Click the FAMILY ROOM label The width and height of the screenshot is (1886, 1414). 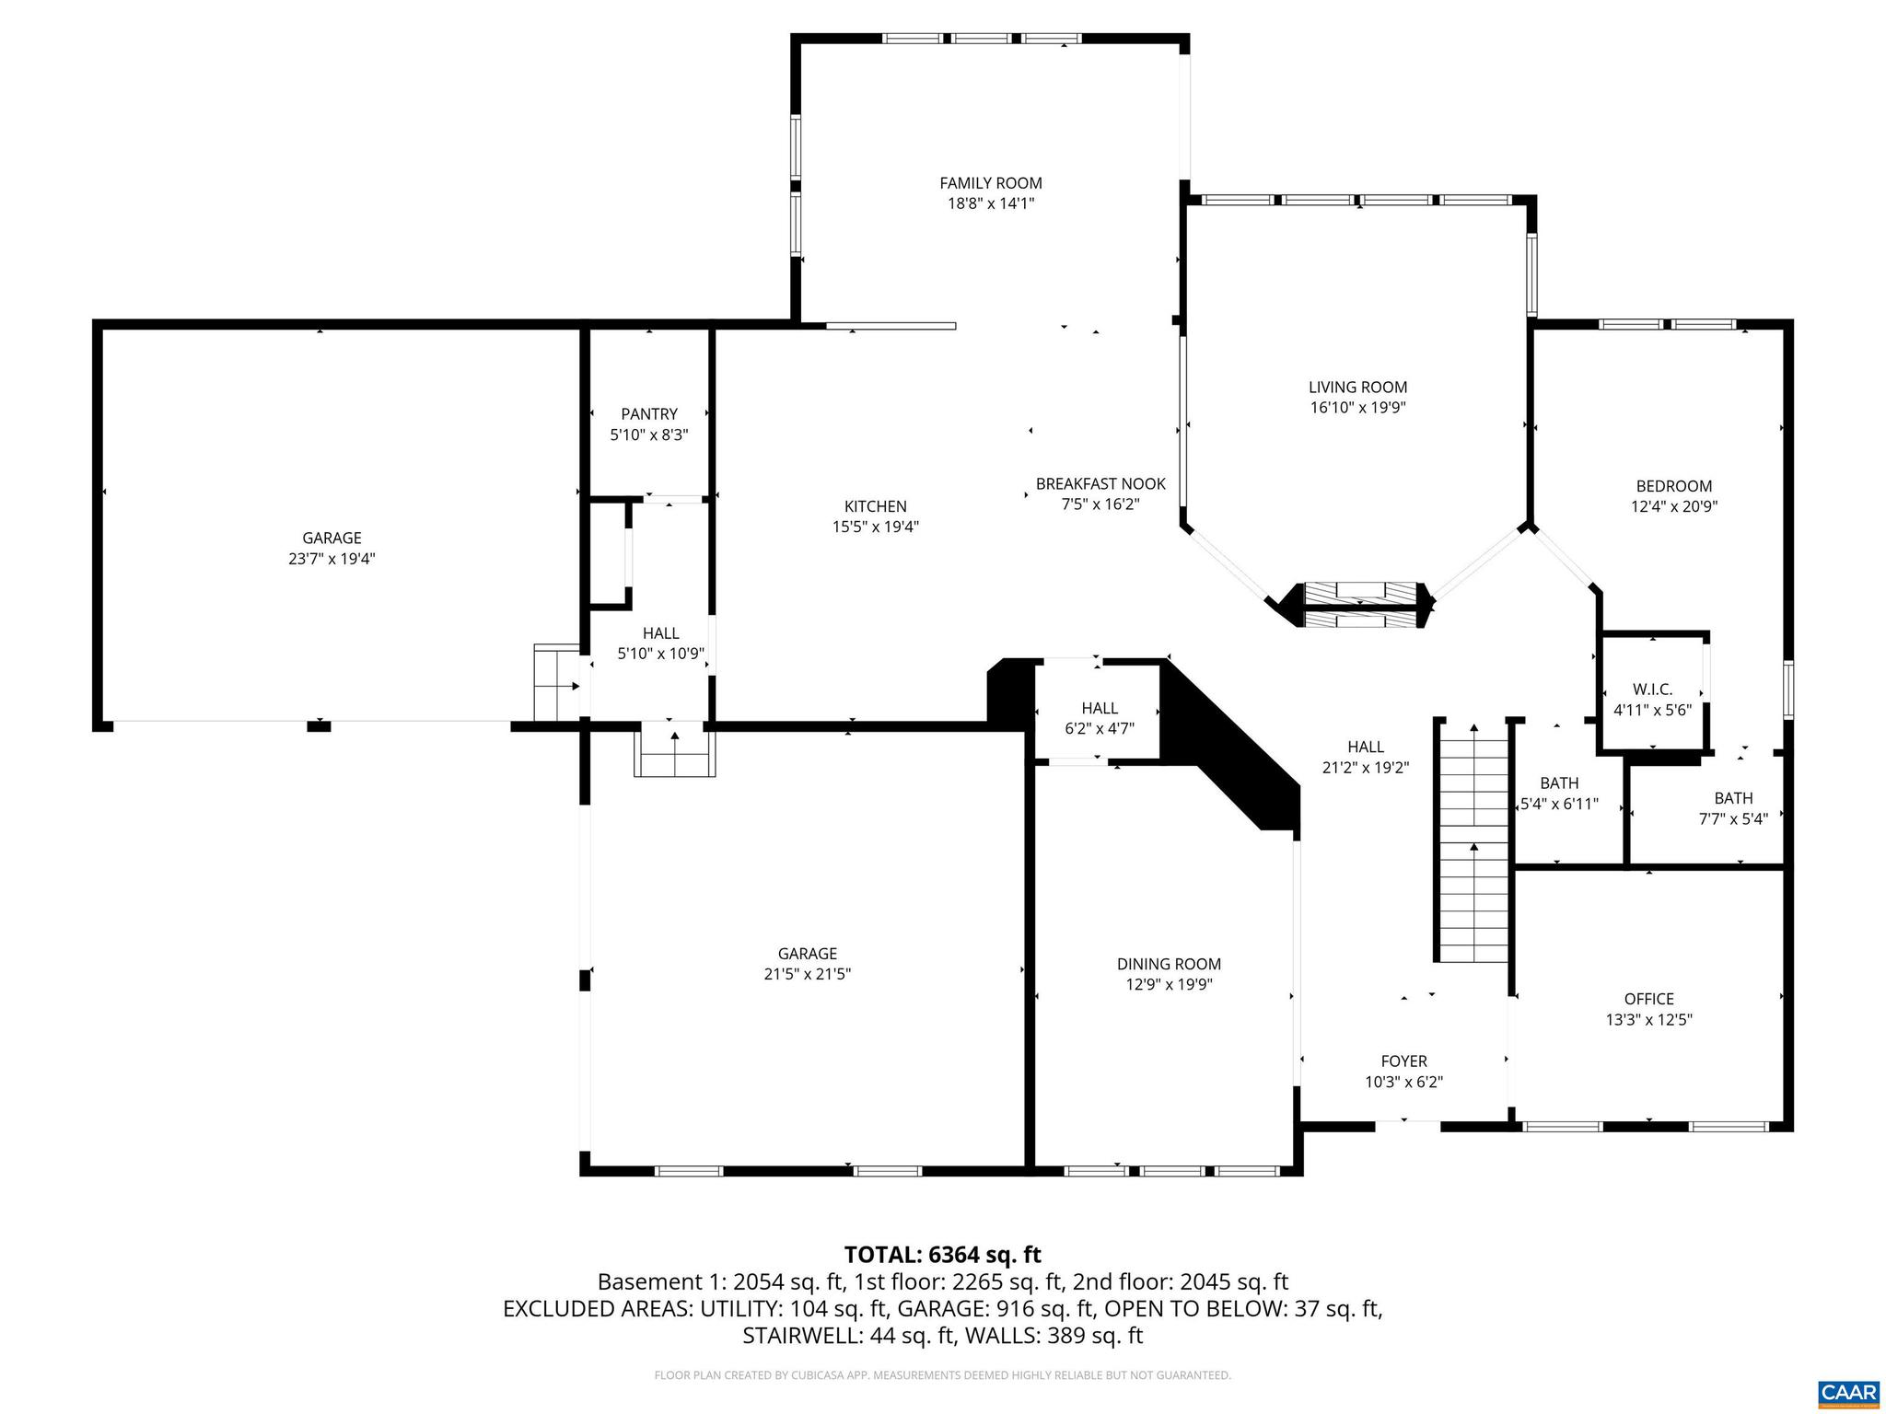(991, 183)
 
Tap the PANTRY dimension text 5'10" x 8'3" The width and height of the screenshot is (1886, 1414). (649, 435)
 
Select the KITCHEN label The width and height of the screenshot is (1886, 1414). (875, 506)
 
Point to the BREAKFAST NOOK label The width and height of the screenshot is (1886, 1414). (1100, 483)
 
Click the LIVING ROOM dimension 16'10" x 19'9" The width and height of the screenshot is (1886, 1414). (1357, 408)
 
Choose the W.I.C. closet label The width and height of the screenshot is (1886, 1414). (1652, 690)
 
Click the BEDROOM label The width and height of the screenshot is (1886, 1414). (1673, 486)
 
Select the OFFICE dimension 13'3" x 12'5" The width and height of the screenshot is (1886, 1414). (1648, 1019)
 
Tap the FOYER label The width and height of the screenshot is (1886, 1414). (1403, 1061)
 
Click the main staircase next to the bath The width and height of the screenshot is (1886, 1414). (1473, 842)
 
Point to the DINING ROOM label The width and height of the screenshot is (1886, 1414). (1169, 964)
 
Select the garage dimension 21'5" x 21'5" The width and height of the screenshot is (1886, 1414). (807, 974)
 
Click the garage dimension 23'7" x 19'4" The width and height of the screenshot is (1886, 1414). (332, 558)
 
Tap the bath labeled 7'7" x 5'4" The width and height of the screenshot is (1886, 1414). (1733, 808)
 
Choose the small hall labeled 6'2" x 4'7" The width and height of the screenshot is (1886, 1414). (1100, 717)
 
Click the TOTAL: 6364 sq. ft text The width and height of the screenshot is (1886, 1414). (942, 1255)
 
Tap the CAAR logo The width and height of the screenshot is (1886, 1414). (1847, 1393)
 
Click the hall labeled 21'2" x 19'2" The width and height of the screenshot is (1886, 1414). (1366, 757)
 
